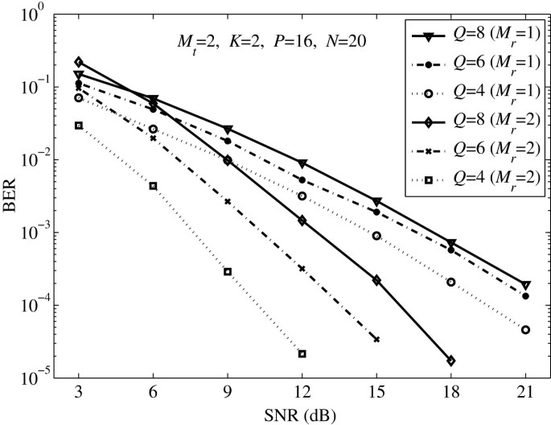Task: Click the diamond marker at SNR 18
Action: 451,361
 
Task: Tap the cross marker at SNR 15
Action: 376,339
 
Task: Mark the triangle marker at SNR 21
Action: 525,286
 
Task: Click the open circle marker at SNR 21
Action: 525,329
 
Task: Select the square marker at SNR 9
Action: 228,271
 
